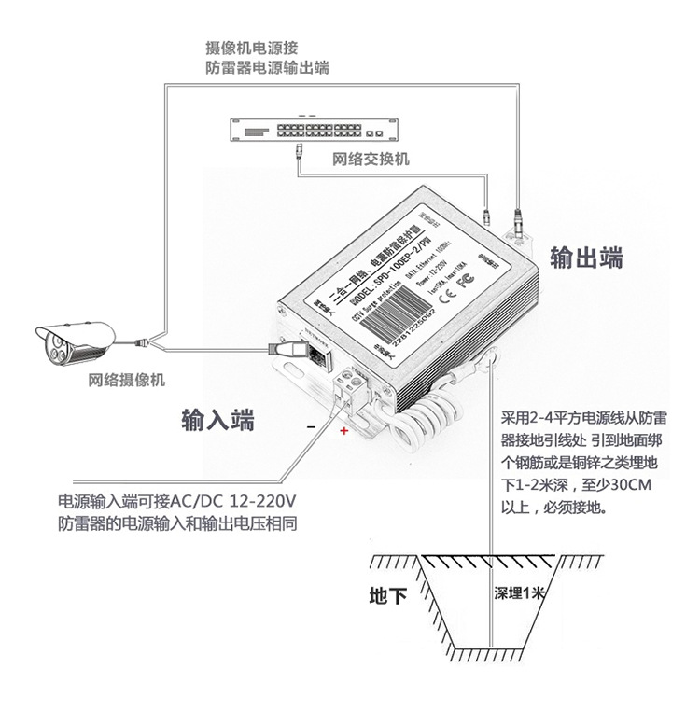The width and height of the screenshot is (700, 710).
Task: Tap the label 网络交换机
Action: pyautogui.click(x=371, y=159)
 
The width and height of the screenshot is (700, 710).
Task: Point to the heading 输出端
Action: pyautogui.click(x=586, y=258)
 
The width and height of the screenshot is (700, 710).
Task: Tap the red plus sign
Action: pyautogui.click(x=343, y=431)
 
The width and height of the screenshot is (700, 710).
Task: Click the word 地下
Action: pyautogui.click(x=387, y=595)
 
